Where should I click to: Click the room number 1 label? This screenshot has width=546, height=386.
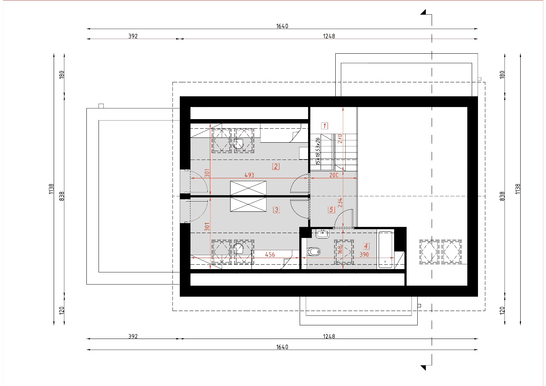click(x=324, y=126)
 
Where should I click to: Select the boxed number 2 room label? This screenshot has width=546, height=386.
click(x=276, y=167)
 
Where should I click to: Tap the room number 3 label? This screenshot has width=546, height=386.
click(x=276, y=210)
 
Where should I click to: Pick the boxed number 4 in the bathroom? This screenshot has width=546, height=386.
click(x=366, y=246)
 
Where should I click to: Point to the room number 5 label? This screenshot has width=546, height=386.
click(x=331, y=210)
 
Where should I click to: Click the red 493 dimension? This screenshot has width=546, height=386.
click(x=249, y=175)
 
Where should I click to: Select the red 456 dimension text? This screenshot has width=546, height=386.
click(x=270, y=255)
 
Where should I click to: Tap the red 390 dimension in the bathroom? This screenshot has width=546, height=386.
click(x=364, y=254)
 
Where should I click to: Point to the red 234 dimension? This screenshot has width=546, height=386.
click(x=340, y=203)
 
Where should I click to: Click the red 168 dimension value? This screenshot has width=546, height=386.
click(x=340, y=249)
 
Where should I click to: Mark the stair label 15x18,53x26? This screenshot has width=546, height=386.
click(x=318, y=151)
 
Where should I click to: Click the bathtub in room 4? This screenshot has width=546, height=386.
click(x=385, y=250)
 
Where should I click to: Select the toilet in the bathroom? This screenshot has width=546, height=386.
click(x=314, y=251)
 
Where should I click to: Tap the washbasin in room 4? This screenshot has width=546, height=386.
click(x=322, y=234)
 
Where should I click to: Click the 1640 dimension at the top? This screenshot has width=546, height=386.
click(x=282, y=26)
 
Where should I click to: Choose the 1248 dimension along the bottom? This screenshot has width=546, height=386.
click(x=329, y=336)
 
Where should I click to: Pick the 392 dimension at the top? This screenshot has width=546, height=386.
click(x=133, y=36)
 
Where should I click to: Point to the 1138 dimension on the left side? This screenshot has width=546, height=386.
click(x=51, y=189)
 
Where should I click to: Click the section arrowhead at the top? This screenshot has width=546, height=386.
click(x=424, y=12)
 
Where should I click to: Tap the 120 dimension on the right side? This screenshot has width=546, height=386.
click(x=502, y=311)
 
